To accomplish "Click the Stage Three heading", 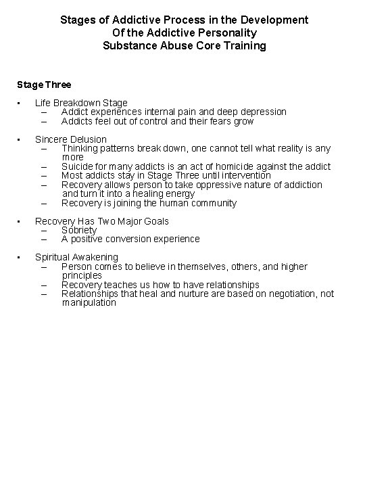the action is click(44, 85).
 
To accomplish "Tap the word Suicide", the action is click(78, 166).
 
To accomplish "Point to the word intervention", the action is click(243, 175).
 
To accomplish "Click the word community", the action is click(213, 203).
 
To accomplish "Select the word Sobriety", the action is click(79, 230).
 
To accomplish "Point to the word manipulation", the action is click(89, 303).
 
